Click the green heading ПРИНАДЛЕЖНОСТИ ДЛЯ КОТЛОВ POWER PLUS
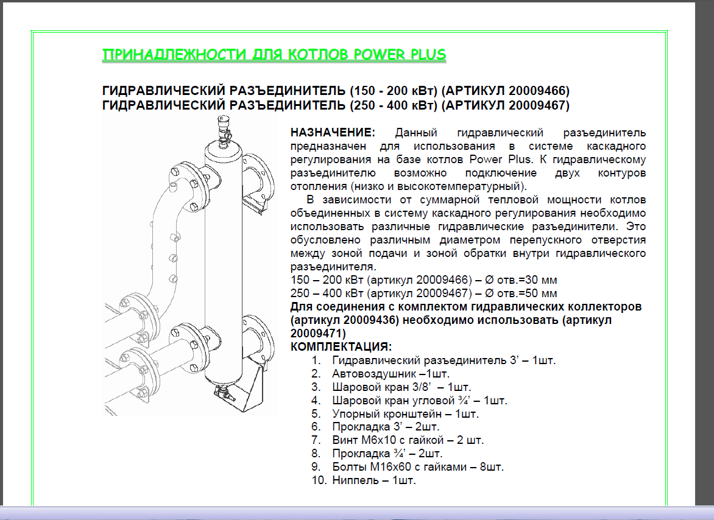pyautogui.click(x=274, y=55)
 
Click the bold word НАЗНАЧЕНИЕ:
pyautogui.click(x=333, y=132)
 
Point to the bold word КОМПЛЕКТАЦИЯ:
pyautogui.click(x=341, y=346)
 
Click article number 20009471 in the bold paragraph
pyautogui.click(x=316, y=334)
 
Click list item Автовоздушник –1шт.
pyautogui.click(x=391, y=374)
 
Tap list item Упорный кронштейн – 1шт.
pyautogui.click(x=405, y=414)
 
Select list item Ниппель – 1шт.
pyautogui.click(x=374, y=480)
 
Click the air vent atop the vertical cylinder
pyautogui.click(x=223, y=131)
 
